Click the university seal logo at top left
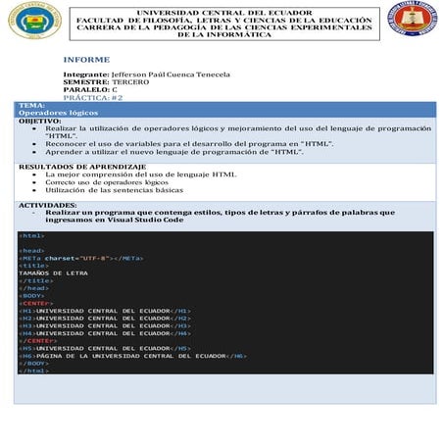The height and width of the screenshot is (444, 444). pyautogui.click(x=35, y=21)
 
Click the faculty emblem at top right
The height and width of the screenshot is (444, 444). pyautogui.click(x=414, y=20)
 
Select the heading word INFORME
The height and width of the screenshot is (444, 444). pyautogui.click(x=86, y=59)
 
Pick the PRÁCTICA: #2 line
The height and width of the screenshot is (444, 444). pyautogui.click(x=92, y=97)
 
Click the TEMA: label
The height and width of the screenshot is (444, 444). pyautogui.click(x=31, y=105)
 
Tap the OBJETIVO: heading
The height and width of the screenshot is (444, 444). pyautogui.click(x=39, y=121)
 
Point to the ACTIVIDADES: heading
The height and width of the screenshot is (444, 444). pyautogui.click(x=48, y=205)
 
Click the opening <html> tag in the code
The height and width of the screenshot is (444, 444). pyautogui.click(x=31, y=235)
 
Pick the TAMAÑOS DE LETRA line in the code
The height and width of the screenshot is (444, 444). pyautogui.click(x=53, y=272)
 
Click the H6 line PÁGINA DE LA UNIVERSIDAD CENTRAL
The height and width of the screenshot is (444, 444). pyautogui.click(x=133, y=355)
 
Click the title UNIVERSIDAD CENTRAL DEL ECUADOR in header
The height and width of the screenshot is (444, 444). pyautogui.click(x=224, y=12)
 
